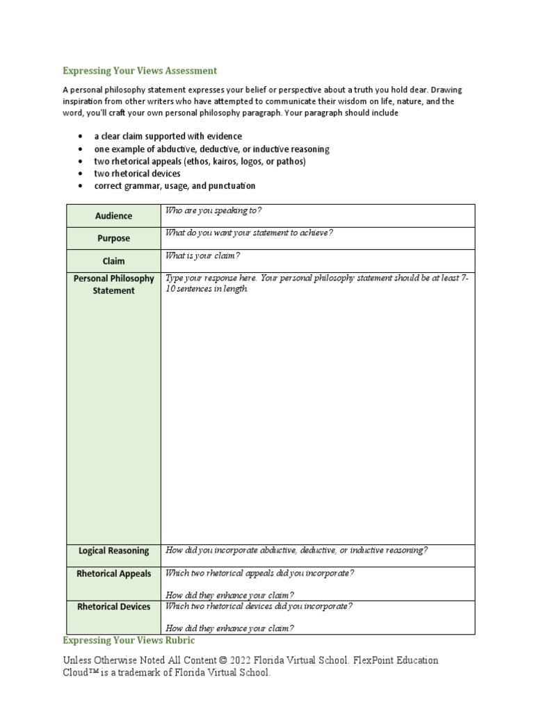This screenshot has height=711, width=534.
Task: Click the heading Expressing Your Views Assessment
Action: [140, 71]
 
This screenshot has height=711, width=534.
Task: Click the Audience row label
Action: [113, 216]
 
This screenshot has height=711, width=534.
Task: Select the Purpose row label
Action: [113, 238]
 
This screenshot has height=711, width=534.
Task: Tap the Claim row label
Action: [113, 261]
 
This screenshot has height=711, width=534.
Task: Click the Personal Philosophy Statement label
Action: [113, 285]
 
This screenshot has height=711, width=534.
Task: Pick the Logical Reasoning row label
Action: [113, 551]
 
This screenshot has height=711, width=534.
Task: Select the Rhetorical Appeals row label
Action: [113, 574]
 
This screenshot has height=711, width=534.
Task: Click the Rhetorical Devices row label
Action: [113, 606]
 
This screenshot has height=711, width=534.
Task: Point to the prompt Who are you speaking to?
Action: [213, 210]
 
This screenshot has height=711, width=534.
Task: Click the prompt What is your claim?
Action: [202, 256]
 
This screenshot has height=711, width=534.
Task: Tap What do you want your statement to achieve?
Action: [249, 233]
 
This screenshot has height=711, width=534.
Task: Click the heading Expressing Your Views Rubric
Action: [129, 639]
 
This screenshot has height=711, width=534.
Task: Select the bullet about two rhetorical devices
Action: [137, 174]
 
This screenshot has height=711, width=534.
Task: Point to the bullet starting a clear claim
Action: [168, 136]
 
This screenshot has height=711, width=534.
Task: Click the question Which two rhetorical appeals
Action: [259, 573]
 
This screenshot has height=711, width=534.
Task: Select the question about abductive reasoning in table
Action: [296, 551]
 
